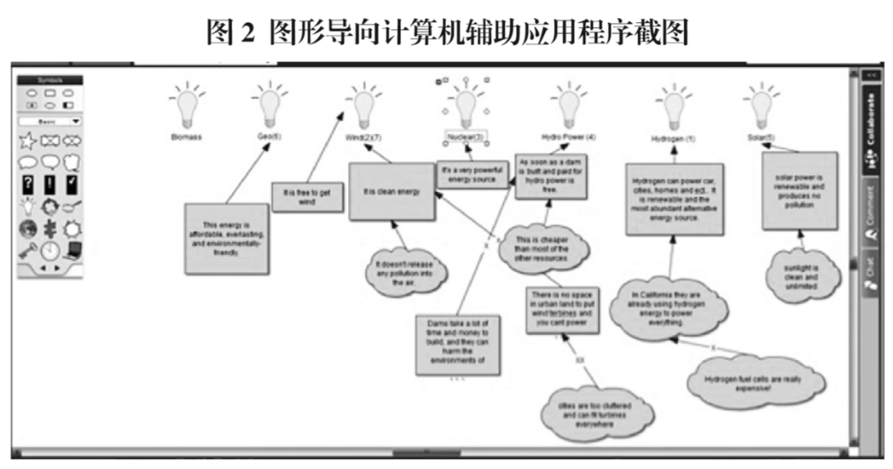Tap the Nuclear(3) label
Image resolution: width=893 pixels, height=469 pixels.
[x=466, y=136]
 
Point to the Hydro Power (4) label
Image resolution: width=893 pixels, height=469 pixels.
[x=569, y=136]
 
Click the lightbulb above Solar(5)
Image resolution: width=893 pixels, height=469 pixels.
[x=760, y=106]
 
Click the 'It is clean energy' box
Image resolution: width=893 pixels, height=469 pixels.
[x=391, y=191]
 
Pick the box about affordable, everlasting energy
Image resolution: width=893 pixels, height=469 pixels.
[x=226, y=238]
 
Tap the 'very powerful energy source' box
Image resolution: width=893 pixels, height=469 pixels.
[x=472, y=174]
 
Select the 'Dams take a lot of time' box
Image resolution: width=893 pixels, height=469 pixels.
[x=457, y=341]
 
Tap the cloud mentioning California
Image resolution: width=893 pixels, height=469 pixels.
[x=668, y=309]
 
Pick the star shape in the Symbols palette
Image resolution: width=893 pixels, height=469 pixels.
[x=27, y=141]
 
